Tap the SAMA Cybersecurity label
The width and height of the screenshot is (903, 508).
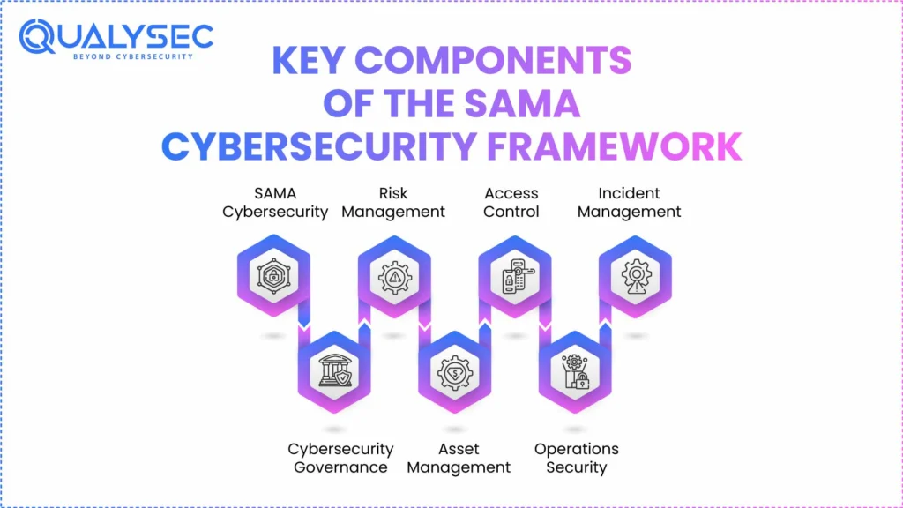click(x=275, y=202)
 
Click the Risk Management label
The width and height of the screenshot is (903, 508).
click(x=393, y=202)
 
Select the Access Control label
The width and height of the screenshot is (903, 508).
click(x=511, y=202)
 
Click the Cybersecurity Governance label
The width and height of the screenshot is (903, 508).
click(x=340, y=458)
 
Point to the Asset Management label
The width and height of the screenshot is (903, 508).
click(x=459, y=458)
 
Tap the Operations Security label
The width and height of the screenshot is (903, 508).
click(x=577, y=458)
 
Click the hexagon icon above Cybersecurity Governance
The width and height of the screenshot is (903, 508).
click(x=334, y=373)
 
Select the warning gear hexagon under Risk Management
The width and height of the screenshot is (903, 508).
click(x=394, y=277)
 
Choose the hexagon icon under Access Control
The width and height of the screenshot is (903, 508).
click(x=514, y=277)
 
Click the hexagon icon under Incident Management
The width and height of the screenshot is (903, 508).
click(x=635, y=277)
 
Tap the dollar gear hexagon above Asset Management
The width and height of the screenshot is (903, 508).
click(x=454, y=373)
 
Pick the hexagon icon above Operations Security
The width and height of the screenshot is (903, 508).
click(x=574, y=373)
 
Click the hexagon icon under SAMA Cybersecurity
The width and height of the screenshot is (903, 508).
click(x=273, y=277)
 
